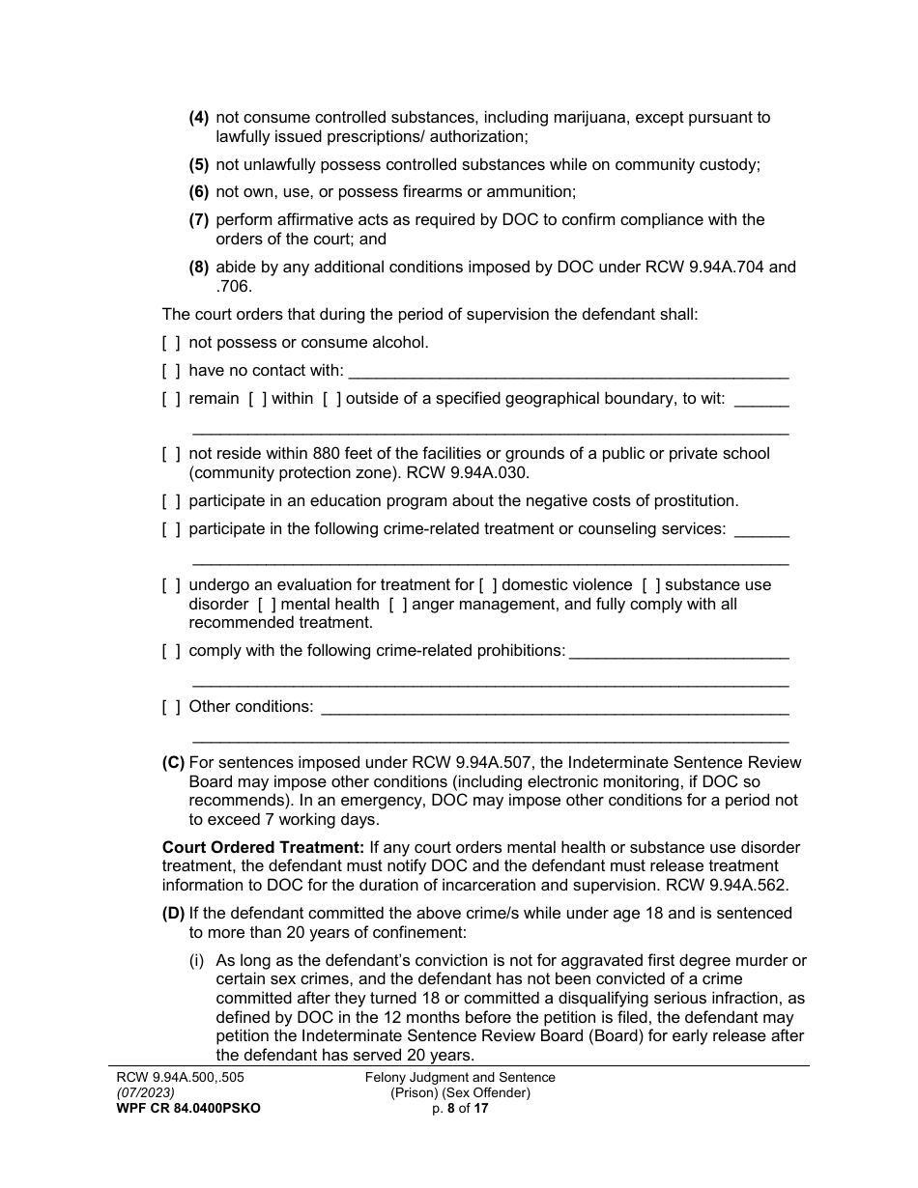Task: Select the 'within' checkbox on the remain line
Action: [257, 398]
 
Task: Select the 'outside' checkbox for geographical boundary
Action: [331, 398]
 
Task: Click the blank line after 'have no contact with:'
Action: [568, 372]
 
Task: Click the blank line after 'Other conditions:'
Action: [554, 708]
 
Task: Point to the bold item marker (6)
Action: [199, 191]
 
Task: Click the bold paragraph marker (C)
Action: [173, 762]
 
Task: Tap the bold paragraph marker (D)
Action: [173, 913]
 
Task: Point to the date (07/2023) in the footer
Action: [135, 1093]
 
